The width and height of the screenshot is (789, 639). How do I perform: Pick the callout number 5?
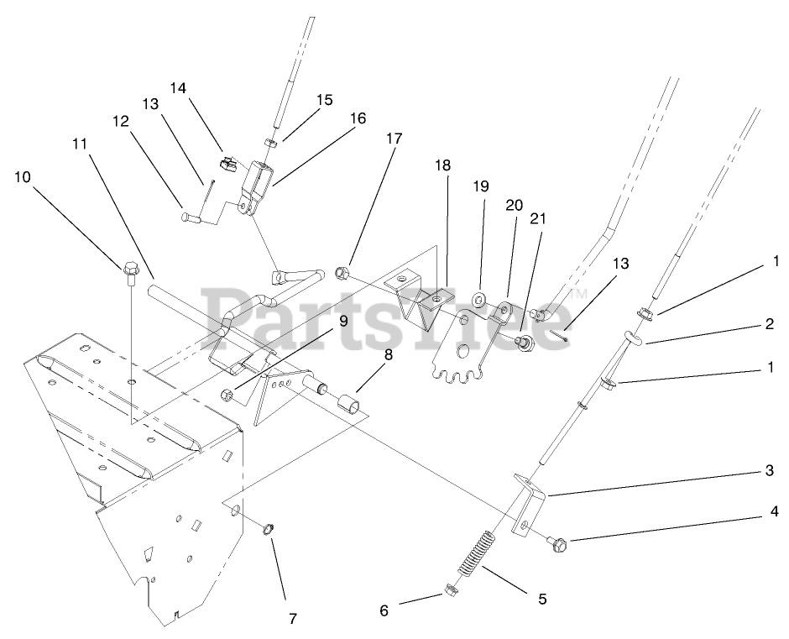click(542, 599)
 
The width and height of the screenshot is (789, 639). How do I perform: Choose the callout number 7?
click(292, 619)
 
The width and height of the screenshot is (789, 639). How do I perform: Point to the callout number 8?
click(388, 354)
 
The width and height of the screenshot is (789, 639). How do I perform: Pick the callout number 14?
click(179, 87)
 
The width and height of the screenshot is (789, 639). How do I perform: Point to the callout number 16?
click(358, 118)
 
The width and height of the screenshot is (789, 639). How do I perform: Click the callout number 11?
click(80, 144)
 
